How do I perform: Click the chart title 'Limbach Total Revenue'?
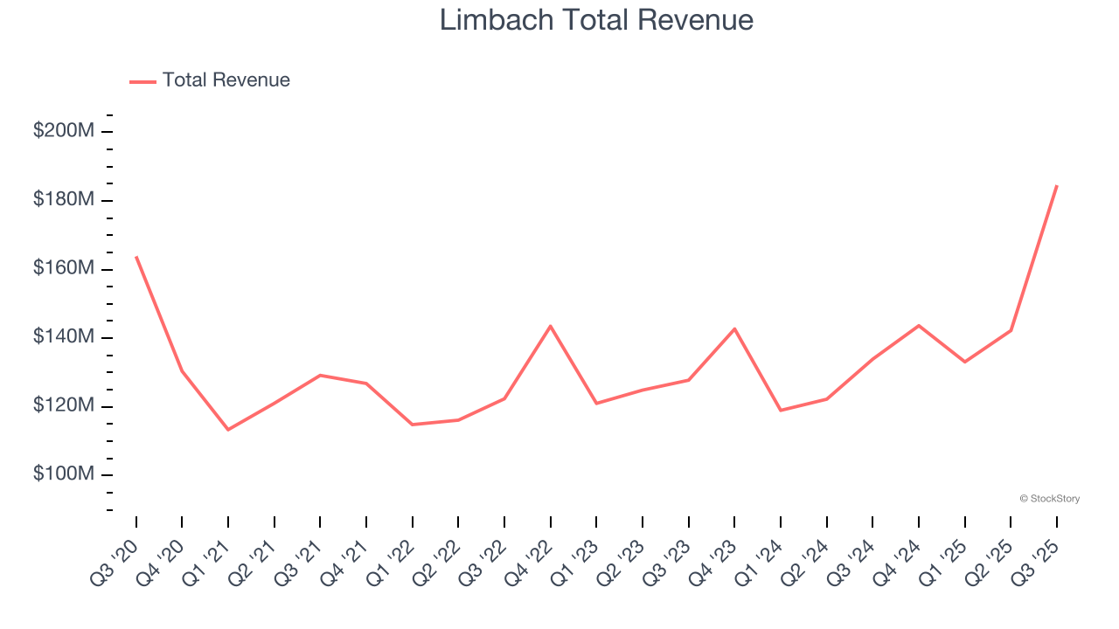tap(596, 19)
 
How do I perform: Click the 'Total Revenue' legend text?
tap(226, 80)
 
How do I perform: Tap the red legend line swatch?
tap(142, 81)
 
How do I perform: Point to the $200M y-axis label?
tap(63, 131)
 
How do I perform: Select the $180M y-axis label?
tap(63, 200)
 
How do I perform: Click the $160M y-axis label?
tap(63, 268)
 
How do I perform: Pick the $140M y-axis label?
tap(63, 337)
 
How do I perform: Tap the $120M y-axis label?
tap(63, 406)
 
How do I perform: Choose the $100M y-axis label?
tap(63, 474)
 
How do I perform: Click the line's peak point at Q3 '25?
tap(1057, 185)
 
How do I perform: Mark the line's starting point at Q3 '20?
tap(136, 257)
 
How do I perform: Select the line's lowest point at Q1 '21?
tap(228, 430)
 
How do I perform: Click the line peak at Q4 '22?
tap(551, 326)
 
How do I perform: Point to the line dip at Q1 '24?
tap(781, 411)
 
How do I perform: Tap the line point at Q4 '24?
tap(919, 325)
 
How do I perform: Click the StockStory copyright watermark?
tap(1049, 499)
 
